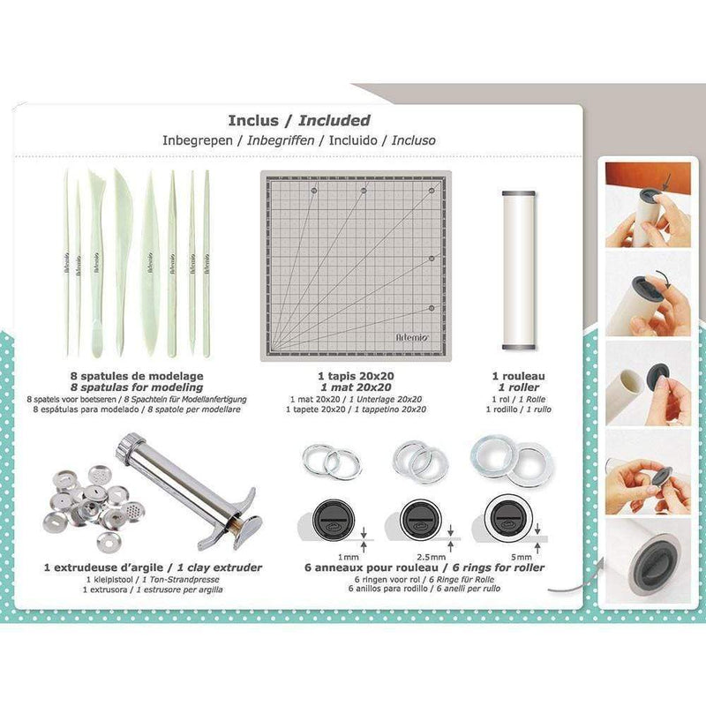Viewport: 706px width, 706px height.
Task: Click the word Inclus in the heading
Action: coord(253,120)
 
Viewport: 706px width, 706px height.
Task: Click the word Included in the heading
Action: coord(334,120)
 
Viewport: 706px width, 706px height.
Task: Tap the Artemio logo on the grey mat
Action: coord(412,337)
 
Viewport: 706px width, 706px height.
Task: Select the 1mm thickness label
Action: coord(349,558)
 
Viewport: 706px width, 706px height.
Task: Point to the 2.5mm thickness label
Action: coord(432,558)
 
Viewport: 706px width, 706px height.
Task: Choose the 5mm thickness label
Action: coord(522,558)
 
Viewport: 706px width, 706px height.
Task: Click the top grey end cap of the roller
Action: coord(519,193)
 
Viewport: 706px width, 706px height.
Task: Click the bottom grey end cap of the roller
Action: coord(519,347)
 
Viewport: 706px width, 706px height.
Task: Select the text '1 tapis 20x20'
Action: coord(356,376)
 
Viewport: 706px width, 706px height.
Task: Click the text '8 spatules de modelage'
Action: coord(137,376)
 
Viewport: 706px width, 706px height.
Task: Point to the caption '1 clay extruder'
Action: coord(220,567)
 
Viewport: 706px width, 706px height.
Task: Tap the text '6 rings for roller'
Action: coord(499,567)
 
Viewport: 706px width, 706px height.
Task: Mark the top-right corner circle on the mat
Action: coord(432,191)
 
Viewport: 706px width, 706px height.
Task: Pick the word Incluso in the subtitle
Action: coord(413,140)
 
